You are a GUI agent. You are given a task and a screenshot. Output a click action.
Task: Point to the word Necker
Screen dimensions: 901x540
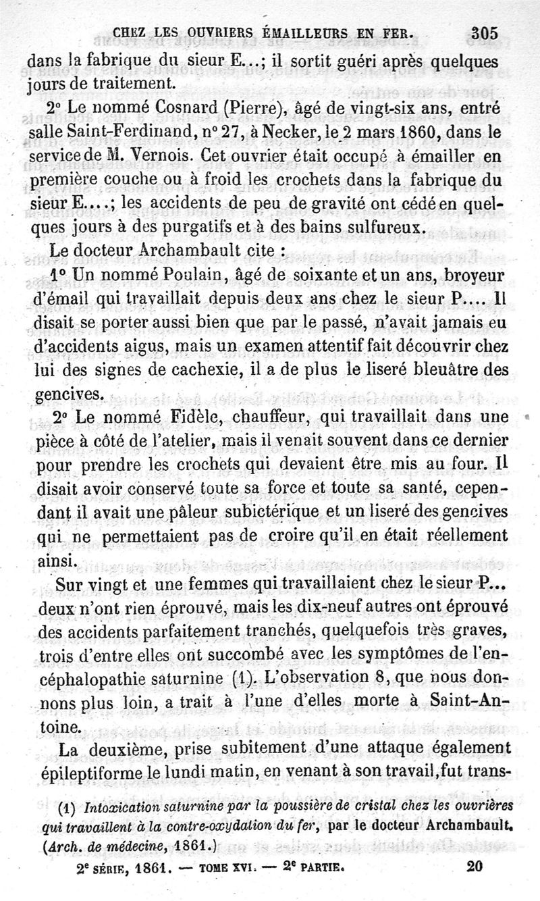click(x=325, y=134)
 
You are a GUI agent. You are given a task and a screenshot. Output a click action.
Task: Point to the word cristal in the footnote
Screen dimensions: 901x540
click(x=334, y=808)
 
